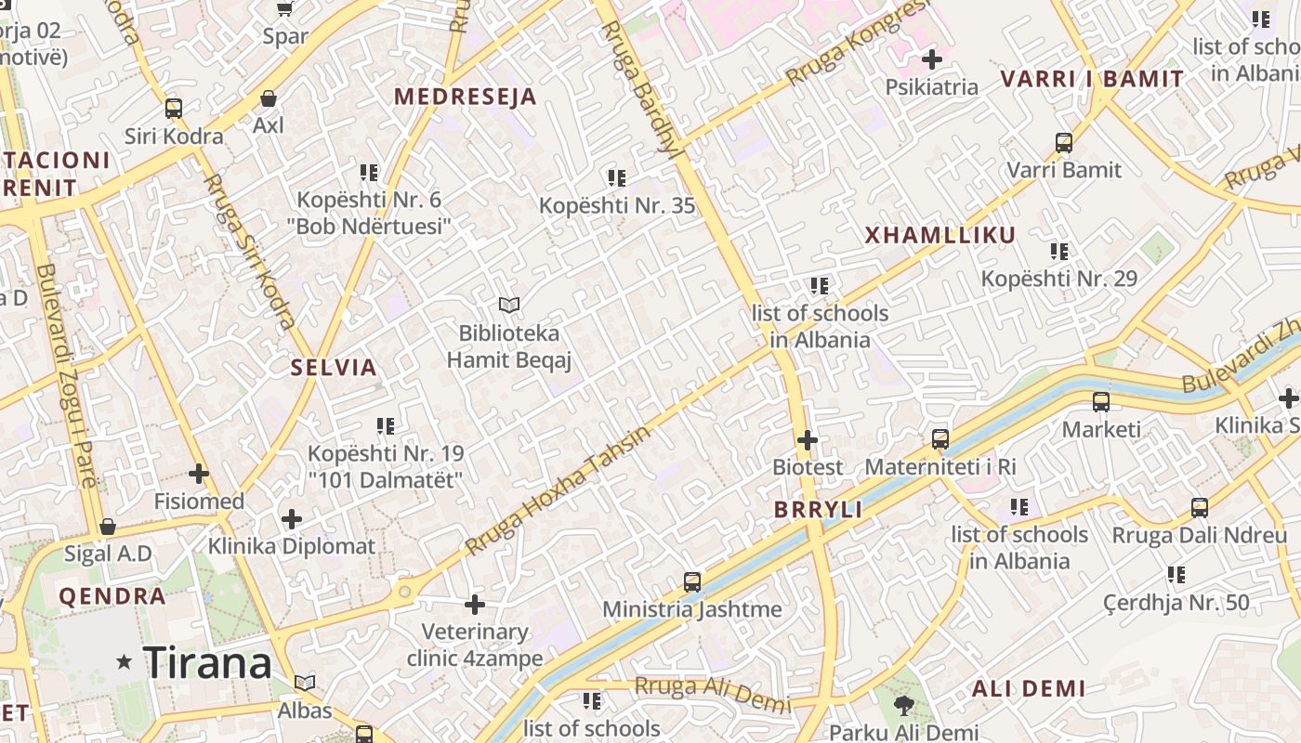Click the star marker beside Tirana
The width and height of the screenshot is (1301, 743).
click(124, 662)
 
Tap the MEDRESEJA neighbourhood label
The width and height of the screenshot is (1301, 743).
click(466, 97)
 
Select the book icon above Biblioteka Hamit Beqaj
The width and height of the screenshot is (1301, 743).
click(508, 305)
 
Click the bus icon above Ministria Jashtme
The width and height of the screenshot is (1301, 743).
click(692, 582)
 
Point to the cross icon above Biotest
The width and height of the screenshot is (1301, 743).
click(808, 439)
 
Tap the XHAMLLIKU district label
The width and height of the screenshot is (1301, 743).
click(940, 235)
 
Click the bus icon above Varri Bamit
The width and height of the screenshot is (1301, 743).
click(1064, 143)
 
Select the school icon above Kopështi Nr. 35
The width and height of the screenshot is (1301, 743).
click(616, 177)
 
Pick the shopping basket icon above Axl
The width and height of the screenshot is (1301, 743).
click(269, 98)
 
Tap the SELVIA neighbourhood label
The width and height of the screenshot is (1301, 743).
click(334, 368)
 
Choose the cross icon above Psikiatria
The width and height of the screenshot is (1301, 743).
click(931, 60)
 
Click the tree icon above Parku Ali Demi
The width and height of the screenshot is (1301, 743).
click(903, 706)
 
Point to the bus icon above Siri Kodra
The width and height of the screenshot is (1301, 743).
click(174, 109)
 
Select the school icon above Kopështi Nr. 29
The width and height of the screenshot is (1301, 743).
click(1058, 251)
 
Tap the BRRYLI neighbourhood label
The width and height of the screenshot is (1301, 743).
click(818, 510)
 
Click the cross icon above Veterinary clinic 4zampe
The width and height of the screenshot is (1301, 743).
click(475, 605)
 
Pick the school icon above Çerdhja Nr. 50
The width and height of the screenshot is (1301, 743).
click(1176, 575)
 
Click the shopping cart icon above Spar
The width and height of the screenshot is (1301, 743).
click(284, 9)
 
